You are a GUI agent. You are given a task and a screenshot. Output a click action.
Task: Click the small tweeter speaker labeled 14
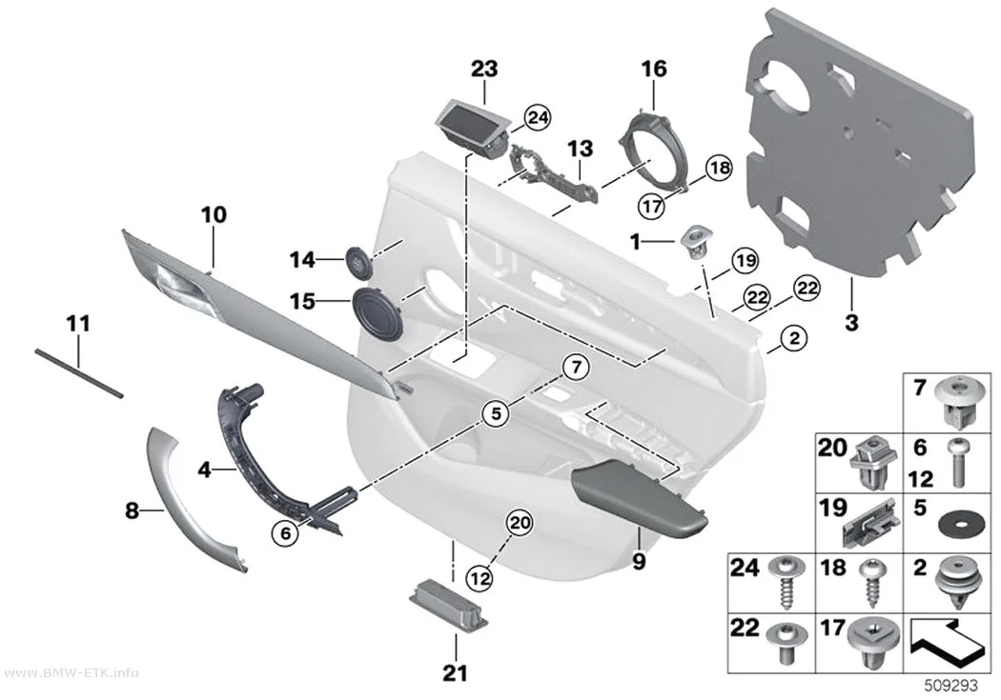coord(358,262)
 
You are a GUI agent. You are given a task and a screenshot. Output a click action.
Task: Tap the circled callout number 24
coord(538,118)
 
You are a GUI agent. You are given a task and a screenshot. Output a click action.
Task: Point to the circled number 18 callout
coord(719,169)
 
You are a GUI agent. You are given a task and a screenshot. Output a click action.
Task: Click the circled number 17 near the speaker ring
coord(652,206)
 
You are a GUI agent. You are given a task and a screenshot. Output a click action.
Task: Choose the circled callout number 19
coord(745,260)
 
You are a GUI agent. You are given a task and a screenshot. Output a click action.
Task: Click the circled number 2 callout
coord(794,338)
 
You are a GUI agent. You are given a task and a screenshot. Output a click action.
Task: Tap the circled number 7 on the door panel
coord(576,368)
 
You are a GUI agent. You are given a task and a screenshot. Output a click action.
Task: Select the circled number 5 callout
coord(496,414)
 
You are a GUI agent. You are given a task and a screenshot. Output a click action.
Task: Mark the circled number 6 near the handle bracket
coord(285,532)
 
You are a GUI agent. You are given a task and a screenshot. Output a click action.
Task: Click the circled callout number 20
coord(519,524)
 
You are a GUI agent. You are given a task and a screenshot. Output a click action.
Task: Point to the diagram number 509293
coord(951,686)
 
